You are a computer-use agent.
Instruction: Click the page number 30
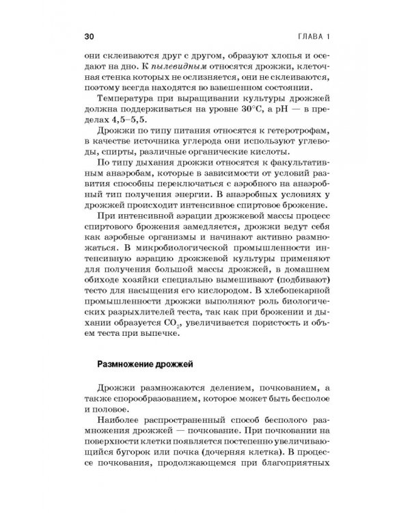tap(88, 36)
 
